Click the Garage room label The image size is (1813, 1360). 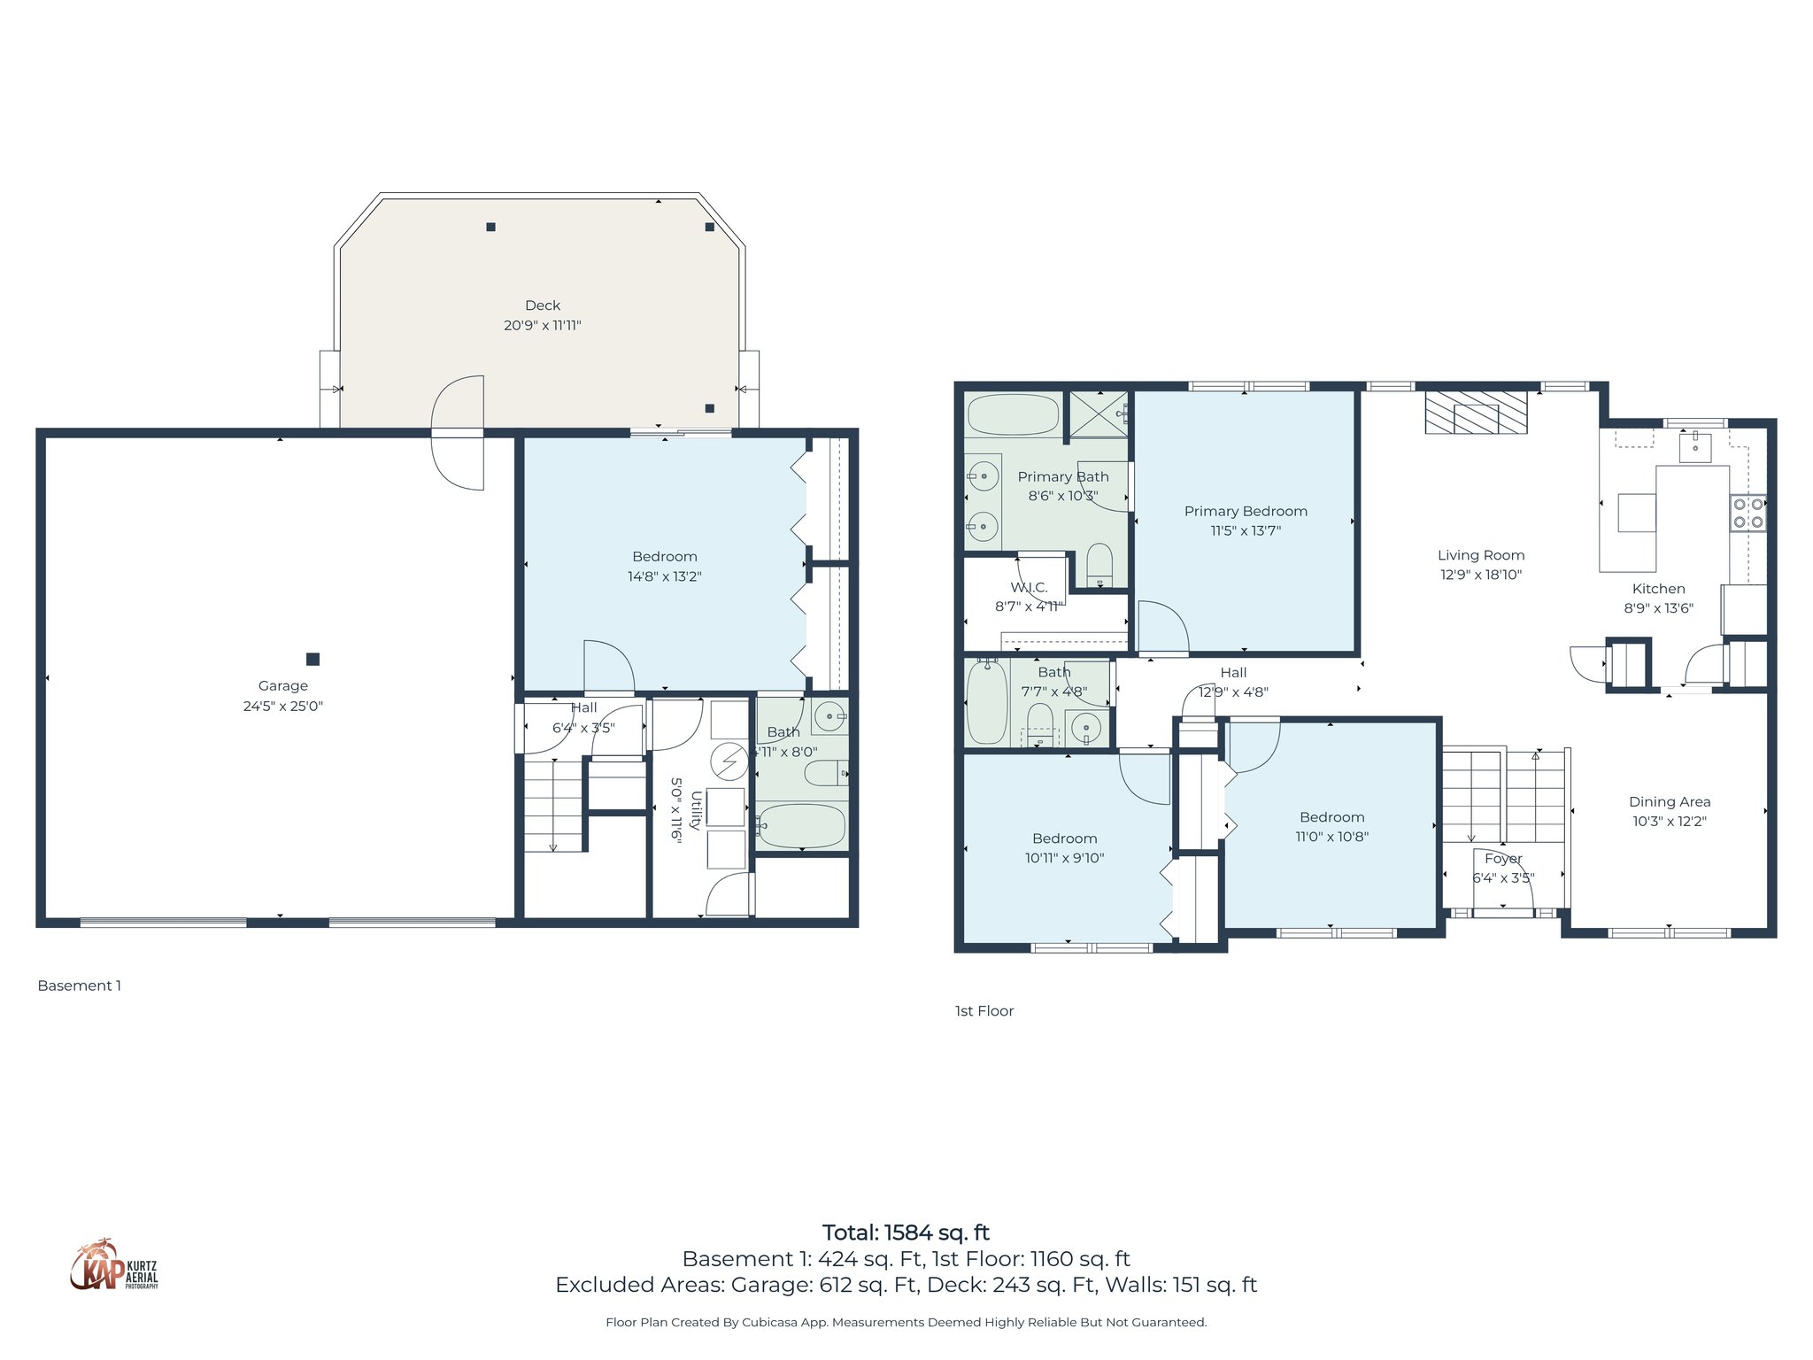pos(283,686)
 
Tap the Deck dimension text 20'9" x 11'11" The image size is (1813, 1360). pos(543,326)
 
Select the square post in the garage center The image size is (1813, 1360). pos(312,659)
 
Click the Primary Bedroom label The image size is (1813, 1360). pos(1246,512)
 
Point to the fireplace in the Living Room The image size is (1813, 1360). pos(1476,413)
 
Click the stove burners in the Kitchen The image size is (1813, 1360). pos(1747,514)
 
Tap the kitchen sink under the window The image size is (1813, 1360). pos(1694,447)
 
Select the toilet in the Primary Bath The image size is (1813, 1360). pos(1099,564)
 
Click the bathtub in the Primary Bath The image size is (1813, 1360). pos(1013,414)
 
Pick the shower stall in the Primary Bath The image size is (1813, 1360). pos(1099,414)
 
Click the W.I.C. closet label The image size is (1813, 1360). pos(1029,588)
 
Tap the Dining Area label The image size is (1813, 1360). pos(1670,802)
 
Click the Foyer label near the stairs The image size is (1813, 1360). pos(1503,859)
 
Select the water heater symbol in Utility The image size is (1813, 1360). pos(729,761)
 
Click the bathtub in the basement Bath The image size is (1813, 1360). pos(801,826)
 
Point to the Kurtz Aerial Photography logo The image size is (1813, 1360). pos(114,1266)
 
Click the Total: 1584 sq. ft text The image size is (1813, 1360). pos(906,1232)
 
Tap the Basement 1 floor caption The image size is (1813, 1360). pos(79,985)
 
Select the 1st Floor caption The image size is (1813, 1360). pos(984,1011)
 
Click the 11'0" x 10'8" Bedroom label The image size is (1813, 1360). pos(1331,827)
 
